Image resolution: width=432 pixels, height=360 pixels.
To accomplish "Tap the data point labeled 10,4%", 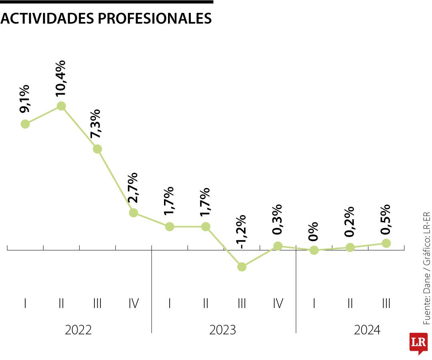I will click(61, 106).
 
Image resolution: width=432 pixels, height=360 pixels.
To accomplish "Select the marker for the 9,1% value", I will click(25, 124).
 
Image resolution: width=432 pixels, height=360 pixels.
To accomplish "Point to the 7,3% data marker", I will click(97, 149).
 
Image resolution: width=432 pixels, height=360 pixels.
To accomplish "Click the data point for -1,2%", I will click(242, 267).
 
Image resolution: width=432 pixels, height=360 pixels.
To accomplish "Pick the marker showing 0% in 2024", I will click(314, 250).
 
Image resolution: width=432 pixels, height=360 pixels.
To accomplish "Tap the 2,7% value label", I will click(132, 188).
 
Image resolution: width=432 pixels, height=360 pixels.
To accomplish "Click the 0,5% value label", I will click(385, 220).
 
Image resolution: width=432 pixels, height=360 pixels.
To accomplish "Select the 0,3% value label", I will click(277, 220).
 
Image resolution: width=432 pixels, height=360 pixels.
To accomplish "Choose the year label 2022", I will click(78, 330).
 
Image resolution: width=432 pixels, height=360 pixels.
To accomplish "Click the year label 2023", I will click(223, 330).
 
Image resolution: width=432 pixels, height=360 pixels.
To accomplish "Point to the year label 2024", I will click(367, 330).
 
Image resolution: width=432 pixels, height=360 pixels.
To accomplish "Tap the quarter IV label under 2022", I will click(134, 304).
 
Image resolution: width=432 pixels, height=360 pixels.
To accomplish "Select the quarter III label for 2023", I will click(242, 304).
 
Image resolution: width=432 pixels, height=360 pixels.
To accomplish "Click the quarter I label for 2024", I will click(314, 304).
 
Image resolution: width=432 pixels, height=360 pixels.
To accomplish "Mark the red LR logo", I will click(418, 342).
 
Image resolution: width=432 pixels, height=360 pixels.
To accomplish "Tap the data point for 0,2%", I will click(350, 248).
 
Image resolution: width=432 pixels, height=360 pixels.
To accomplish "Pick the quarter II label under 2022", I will click(61, 304).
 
